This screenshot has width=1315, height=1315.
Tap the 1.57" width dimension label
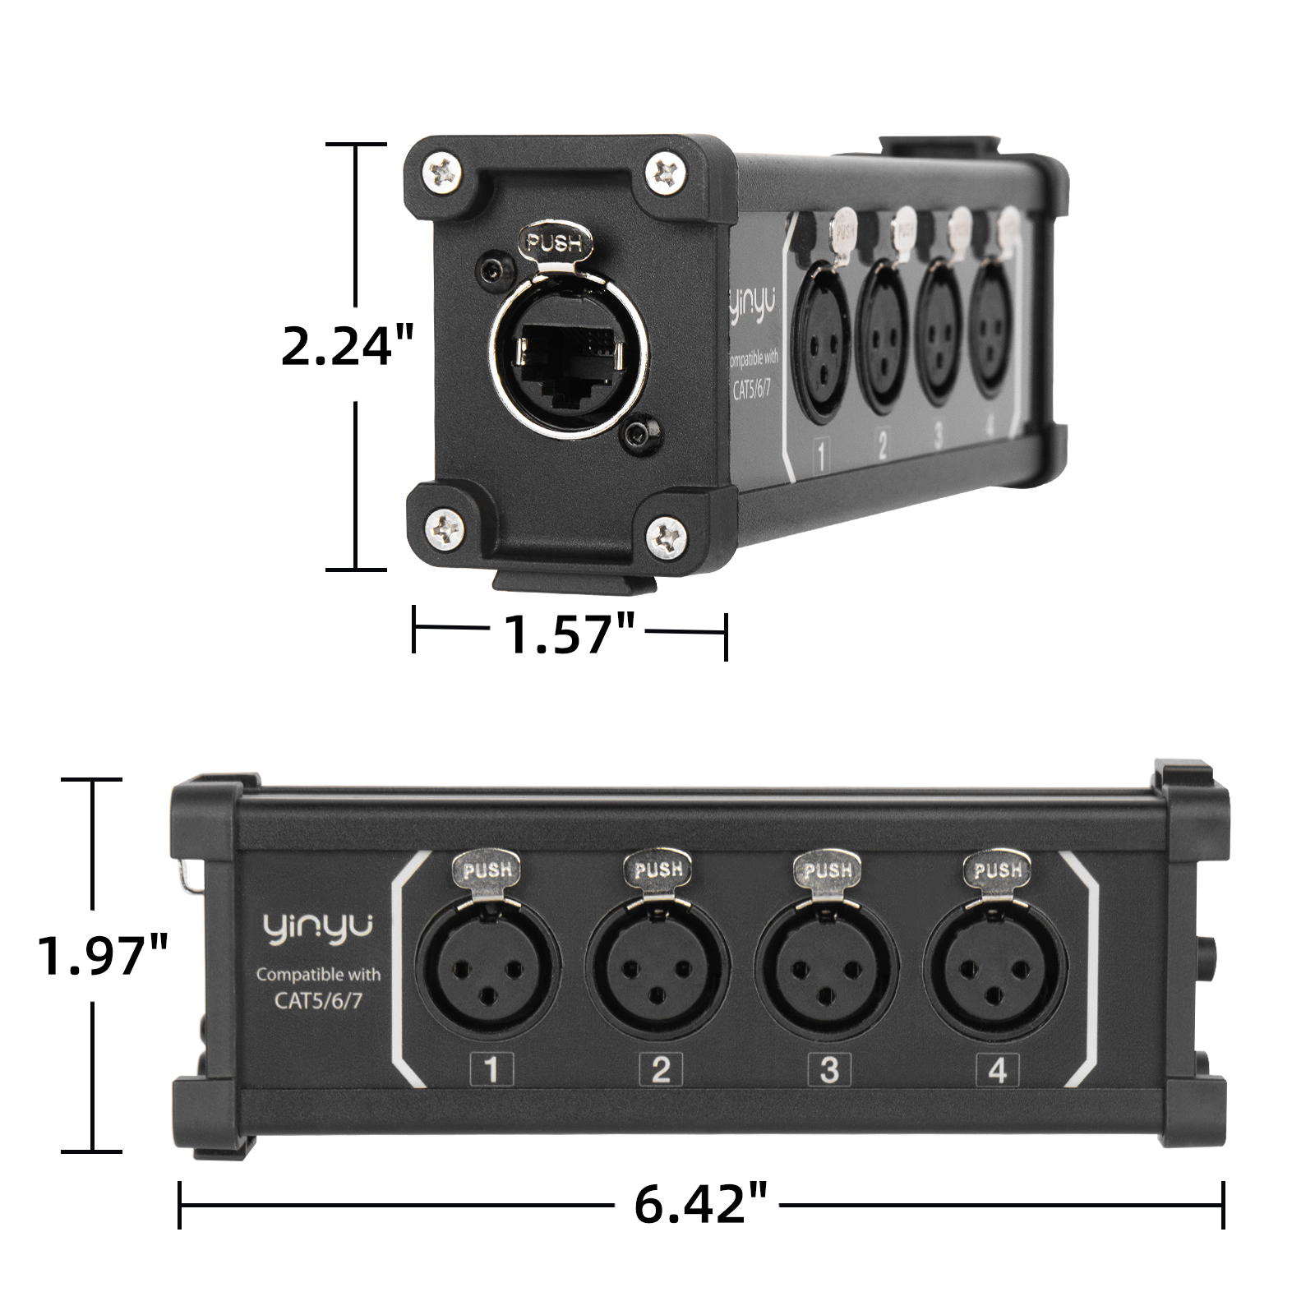pos(570,634)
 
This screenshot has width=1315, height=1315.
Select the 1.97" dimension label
pos(104,954)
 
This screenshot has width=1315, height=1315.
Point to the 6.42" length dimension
pos(700,1205)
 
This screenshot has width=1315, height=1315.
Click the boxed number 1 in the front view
pos(492,1069)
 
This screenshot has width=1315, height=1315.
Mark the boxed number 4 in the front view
pos(998,1069)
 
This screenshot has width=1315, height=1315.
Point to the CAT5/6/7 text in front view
pos(318,999)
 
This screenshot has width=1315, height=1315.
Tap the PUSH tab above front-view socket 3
pos(827,870)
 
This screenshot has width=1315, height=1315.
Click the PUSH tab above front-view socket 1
pos(488,870)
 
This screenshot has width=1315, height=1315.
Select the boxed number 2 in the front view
pos(661,1069)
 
